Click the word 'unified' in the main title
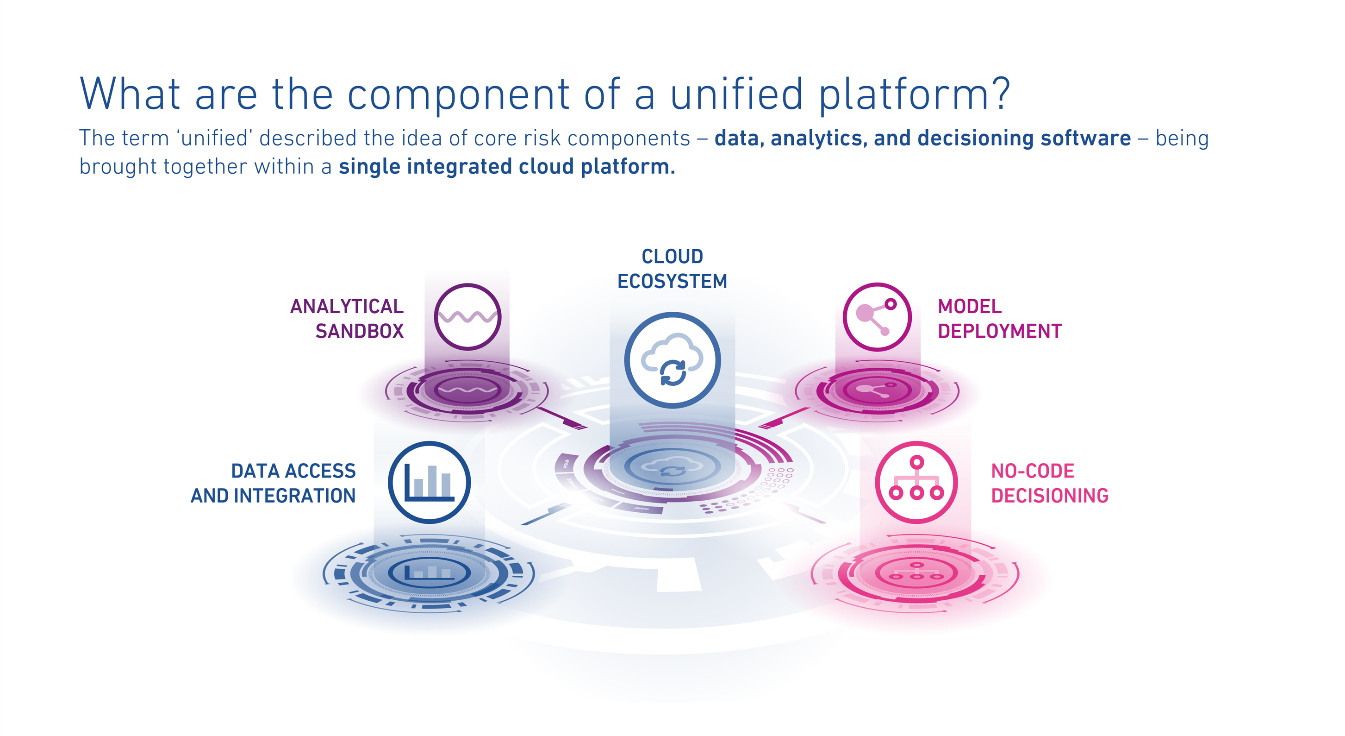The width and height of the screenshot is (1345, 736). coord(736,94)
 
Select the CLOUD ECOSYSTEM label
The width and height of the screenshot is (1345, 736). coord(672,269)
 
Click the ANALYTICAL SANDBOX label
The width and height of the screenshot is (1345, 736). coord(347,318)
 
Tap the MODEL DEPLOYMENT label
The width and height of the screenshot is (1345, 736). coord(999,318)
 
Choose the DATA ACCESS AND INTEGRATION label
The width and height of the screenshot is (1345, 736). coord(273,483)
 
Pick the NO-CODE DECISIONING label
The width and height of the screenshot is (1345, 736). coord(1049,483)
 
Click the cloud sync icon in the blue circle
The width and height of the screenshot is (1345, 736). coord(672,360)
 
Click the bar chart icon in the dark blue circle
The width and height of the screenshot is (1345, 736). coord(429,482)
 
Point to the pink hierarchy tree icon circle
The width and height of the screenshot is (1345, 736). coord(916,482)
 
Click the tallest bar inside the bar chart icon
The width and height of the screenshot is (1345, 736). coord(432,481)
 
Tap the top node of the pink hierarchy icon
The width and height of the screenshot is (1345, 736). coord(917,462)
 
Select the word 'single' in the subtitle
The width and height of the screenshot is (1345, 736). coord(369,167)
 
